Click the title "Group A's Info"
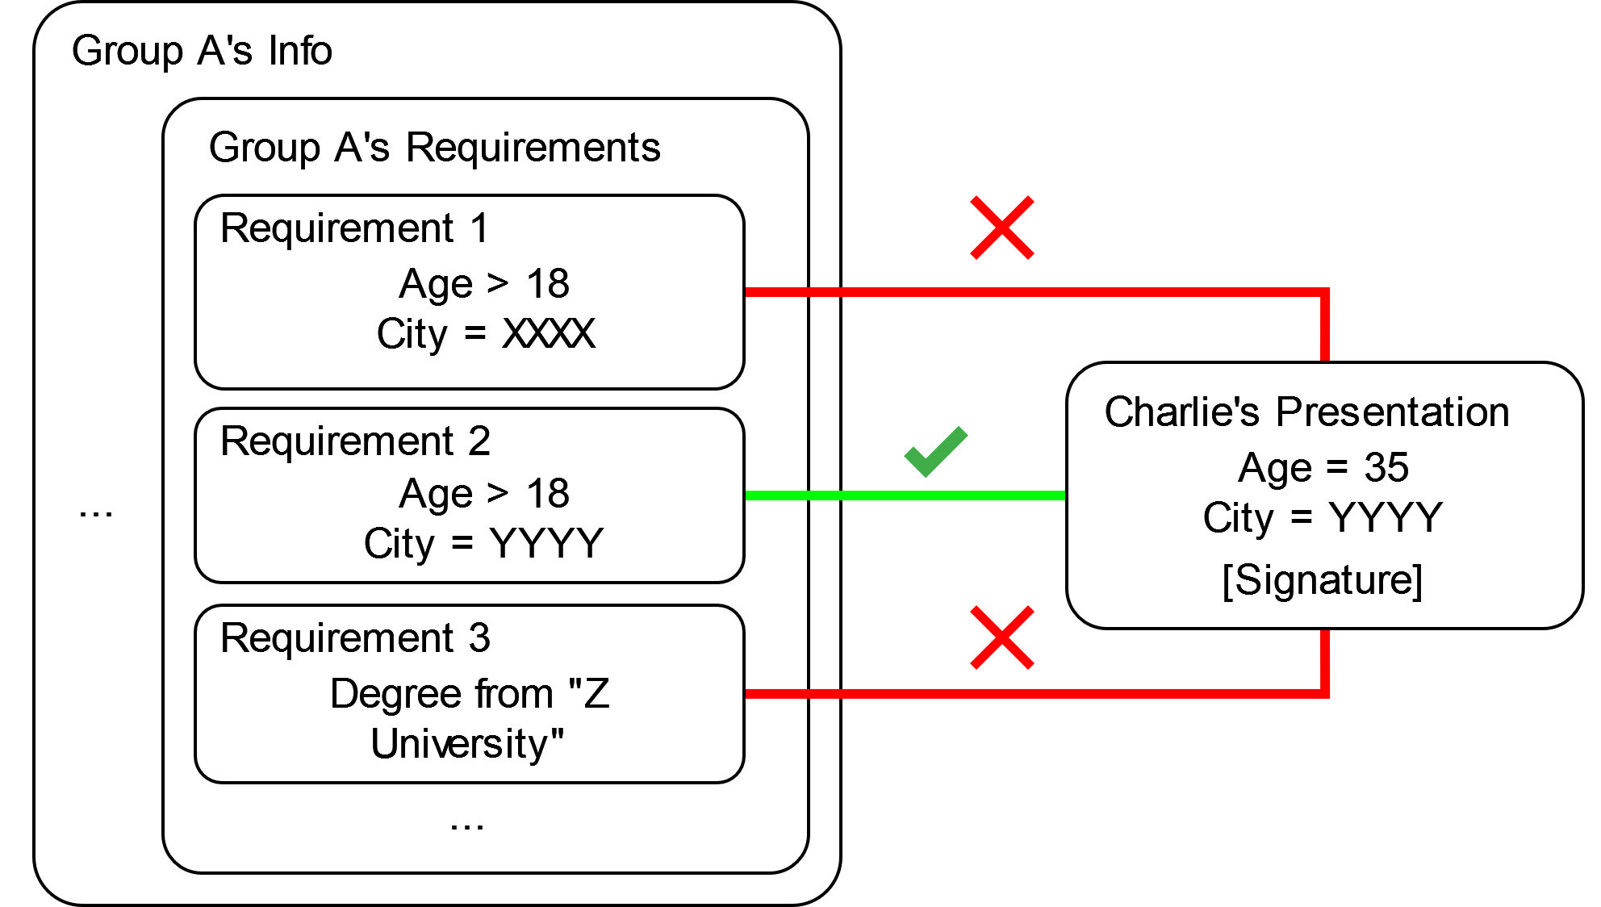[x=202, y=51]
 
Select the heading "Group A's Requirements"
[x=434, y=148]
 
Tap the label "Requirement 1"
[x=354, y=228]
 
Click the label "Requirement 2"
[x=355, y=441]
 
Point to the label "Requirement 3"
[x=355, y=638]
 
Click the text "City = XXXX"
[x=486, y=333]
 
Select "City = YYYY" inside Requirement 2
[x=483, y=543]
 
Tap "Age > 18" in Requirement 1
[x=484, y=284]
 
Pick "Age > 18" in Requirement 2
[x=484, y=494]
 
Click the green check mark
[x=935, y=451]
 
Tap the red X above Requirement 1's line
[x=1001, y=228]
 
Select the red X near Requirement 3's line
[x=1001, y=637]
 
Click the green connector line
[x=904, y=495]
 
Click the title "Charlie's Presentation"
[x=1306, y=412]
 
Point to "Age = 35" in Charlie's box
[x=1323, y=467]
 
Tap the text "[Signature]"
[x=1322, y=579]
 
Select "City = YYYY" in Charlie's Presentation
[x=1323, y=517]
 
